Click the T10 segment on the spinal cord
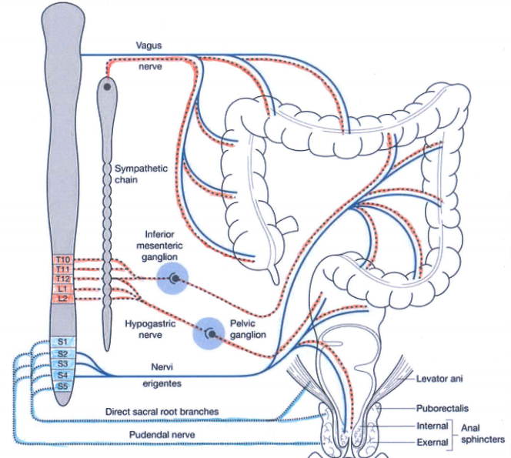63,260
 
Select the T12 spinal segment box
63,279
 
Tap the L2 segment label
63,298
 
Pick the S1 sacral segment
62,342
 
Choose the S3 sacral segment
62,364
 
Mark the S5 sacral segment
62,386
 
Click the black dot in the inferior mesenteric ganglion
175,279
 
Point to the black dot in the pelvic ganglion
212,334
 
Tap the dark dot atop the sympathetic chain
107,87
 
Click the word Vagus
149,45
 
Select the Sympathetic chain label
141,174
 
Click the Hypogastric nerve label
150,329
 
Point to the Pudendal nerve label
162,435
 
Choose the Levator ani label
439,379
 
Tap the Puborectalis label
443,408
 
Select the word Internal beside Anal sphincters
433,426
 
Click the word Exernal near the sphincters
433,443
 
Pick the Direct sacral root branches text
162,411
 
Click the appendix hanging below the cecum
275,273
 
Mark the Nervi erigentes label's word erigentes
162,383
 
